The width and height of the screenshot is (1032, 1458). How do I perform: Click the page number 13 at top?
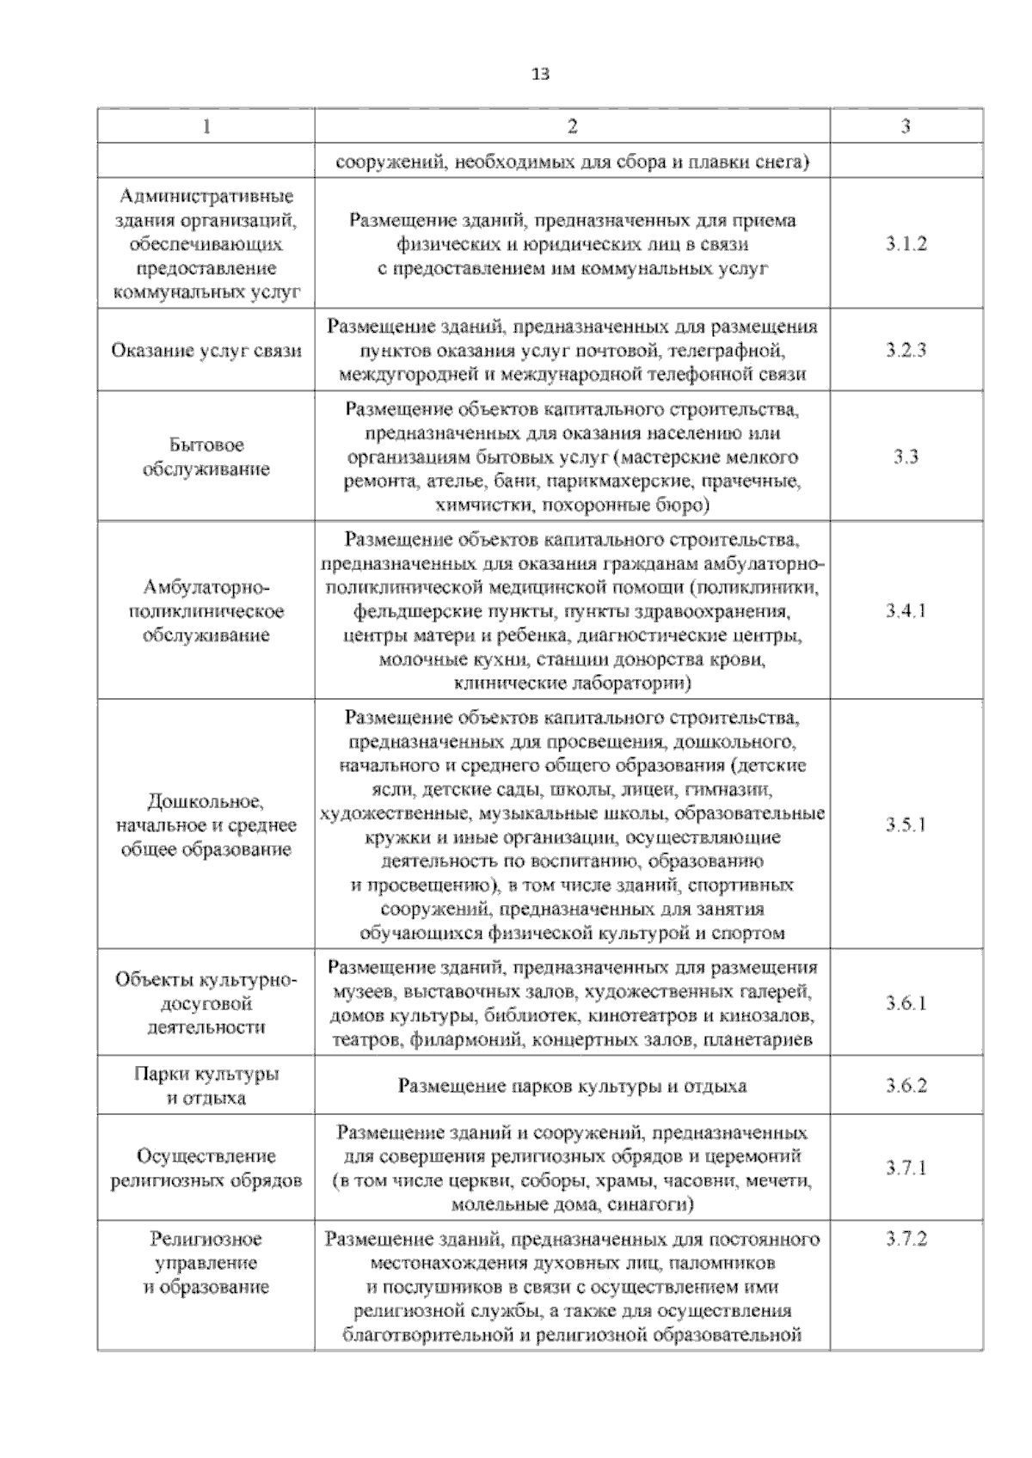540,75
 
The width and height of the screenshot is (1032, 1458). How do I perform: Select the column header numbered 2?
572,126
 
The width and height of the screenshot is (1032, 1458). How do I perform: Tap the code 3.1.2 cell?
906,243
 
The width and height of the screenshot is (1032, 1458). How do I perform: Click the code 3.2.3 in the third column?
906,350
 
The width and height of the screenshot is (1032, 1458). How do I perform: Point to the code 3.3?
906,456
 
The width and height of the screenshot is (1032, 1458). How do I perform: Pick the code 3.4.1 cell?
906,611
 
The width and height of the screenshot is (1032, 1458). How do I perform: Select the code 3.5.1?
906,824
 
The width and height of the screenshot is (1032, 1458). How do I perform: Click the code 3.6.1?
906,1002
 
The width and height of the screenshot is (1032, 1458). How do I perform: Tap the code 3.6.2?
906,1085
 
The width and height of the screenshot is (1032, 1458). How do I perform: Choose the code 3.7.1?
906,1167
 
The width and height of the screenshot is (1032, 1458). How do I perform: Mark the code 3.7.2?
906,1239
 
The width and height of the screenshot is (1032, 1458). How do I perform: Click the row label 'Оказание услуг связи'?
206,351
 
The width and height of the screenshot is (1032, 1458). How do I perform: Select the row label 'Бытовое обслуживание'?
206,456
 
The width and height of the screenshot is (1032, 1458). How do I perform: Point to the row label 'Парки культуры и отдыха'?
206,1086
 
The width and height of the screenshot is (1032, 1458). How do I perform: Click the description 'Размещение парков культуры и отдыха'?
572,1086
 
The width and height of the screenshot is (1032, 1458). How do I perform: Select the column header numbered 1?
206,126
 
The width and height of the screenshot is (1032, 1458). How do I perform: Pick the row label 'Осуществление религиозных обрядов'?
206,1167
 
